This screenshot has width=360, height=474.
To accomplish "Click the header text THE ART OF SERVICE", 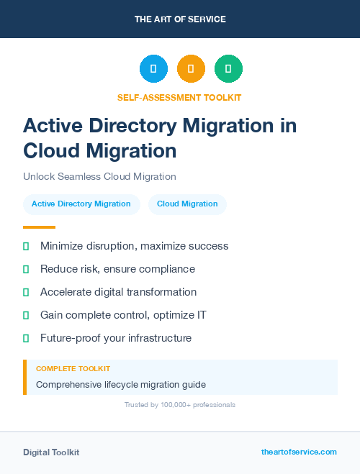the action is click(x=180, y=19).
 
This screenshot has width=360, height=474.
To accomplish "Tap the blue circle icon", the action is click(x=153, y=69).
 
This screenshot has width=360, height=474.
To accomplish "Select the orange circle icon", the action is click(x=191, y=69).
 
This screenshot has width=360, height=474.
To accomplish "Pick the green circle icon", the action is click(x=228, y=69).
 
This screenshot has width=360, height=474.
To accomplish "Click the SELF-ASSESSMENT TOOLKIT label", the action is click(x=179, y=97).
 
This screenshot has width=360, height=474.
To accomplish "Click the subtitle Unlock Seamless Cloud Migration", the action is click(x=99, y=176).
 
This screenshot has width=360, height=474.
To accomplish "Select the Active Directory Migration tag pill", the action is click(x=81, y=204).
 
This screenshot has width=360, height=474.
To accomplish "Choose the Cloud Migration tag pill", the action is click(x=187, y=204).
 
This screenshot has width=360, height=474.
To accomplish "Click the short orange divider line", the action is click(x=39, y=227).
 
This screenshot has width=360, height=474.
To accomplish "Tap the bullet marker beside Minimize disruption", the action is click(x=26, y=246).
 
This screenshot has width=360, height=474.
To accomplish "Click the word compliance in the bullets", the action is click(x=168, y=269).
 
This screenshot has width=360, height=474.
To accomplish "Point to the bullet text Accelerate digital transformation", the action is click(x=118, y=292).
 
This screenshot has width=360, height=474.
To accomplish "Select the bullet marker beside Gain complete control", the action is click(x=26, y=315).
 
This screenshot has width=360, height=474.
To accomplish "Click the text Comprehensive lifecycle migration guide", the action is click(x=121, y=384).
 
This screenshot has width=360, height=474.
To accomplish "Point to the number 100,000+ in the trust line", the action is click(x=171, y=405).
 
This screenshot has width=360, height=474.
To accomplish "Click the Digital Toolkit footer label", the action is click(x=51, y=452).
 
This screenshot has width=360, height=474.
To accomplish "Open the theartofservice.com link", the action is click(x=299, y=452).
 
